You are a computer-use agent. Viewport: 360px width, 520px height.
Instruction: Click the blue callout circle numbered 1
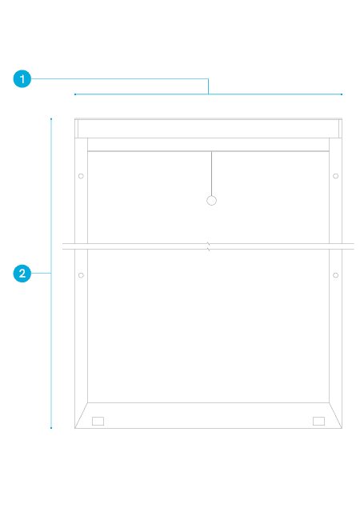tap(22, 79)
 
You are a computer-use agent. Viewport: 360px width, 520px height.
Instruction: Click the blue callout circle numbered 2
tap(22, 274)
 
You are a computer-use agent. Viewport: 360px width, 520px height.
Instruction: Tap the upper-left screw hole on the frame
tap(81, 176)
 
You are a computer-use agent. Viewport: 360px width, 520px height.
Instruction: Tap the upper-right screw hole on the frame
tap(335, 176)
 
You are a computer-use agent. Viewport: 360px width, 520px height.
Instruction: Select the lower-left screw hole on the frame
tap(81, 275)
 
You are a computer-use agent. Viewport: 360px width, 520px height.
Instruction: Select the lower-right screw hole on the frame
tap(335, 275)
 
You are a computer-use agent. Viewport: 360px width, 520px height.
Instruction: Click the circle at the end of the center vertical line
tap(211, 201)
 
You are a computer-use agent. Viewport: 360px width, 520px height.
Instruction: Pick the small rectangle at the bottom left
tap(98, 421)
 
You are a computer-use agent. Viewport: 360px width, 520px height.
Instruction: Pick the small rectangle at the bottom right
tap(319, 421)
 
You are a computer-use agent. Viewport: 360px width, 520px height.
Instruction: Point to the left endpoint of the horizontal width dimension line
tap(75, 94)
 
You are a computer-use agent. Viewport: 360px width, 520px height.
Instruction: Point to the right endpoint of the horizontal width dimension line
tap(342, 94)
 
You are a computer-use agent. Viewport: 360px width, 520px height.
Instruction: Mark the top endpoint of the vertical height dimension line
tap(51, 118)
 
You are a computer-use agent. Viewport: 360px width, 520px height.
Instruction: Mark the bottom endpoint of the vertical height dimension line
tap(51, 428)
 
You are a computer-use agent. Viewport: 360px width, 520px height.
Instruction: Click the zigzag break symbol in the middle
tap(209, 246)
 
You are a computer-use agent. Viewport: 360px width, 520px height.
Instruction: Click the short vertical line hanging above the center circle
tap(211, 174)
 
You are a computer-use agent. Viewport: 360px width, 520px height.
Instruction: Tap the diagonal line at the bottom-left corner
tap(82, 415)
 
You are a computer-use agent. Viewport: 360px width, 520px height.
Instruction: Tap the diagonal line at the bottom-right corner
tap(335, 415)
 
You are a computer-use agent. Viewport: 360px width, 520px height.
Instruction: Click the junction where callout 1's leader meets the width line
tap(208, 94)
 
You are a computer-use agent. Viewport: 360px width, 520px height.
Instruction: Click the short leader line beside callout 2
tap(41, 274)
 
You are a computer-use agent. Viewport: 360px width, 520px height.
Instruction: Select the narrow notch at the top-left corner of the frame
tap(77, 129)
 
